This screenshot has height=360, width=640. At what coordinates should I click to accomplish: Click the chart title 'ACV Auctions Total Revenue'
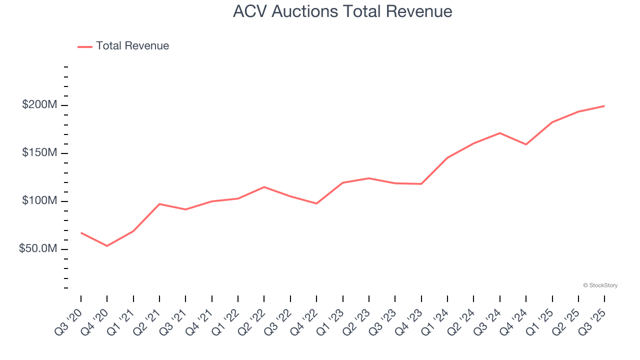click(x=342, y=11)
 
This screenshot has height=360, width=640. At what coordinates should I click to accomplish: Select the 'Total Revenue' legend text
click(x=132, y=46)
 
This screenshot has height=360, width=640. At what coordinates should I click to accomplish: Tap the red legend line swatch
click(x=85, y=46)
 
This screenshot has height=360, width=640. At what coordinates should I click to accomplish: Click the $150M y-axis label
click(x=39, y=153)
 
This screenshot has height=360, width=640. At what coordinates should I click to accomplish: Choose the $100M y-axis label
click(x=39, y=201)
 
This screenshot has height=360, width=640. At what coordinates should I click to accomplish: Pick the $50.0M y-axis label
click(x=38, y=249)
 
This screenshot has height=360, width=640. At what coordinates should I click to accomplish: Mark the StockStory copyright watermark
click(x=600, y=285)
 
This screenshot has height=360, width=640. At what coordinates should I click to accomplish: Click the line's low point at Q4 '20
click(x=107, y=246)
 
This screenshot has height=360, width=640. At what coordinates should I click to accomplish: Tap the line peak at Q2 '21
click(x=159, y=204)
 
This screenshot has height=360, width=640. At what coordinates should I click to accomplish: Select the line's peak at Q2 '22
click(x=264, y=187)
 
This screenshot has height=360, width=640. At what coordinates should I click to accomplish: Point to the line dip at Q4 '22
click(x=316, y=203)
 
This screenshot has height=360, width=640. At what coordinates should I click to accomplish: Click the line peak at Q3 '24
click(x=500, y=133)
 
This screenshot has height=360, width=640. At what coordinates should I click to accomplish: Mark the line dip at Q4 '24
click(x=526, y=144)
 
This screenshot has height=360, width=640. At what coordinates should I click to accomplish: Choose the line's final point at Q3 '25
click(x=604, y=106)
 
